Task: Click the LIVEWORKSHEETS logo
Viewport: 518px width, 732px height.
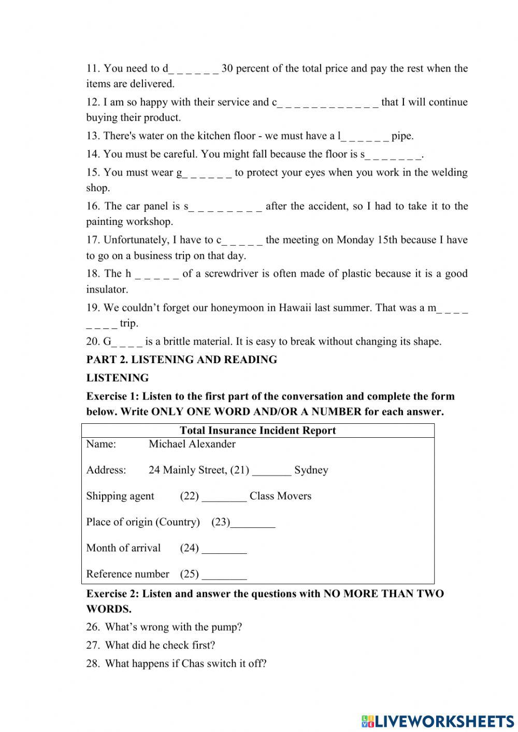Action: click(x=437, y=721)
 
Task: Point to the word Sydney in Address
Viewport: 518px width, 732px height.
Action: click(x=311, y=470)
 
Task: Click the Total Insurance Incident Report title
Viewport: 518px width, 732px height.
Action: click(x=257, y=430)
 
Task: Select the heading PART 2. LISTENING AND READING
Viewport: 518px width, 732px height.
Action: click(x=181, y=360)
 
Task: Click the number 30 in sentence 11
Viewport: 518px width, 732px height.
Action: click(x=227, y=68)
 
